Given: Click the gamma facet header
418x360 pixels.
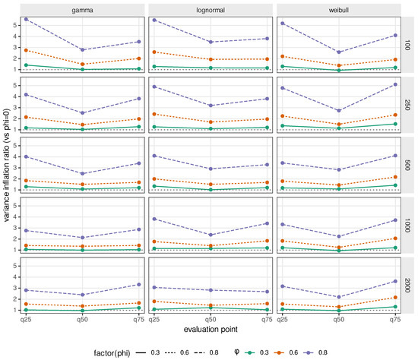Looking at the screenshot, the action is [82, 10].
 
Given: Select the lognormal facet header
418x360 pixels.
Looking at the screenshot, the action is [211, 10].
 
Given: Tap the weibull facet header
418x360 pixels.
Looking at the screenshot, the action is [338, 10].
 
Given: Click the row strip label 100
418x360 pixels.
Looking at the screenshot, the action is [407, 45].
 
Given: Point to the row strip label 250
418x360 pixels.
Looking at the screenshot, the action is [407, 105].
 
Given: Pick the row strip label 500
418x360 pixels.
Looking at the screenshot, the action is [407, 166].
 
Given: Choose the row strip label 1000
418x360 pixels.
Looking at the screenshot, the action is [407, 226].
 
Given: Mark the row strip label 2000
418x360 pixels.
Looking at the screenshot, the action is [407, 286].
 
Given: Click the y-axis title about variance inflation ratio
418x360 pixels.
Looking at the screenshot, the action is [6, 166].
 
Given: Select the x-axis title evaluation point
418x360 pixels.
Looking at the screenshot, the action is [211, 330].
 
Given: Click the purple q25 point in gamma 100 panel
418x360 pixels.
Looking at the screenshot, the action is [26, 19].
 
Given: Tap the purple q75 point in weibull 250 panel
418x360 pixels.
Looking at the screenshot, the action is [395, 84].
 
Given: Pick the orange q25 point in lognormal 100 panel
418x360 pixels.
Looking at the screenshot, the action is [154, 52].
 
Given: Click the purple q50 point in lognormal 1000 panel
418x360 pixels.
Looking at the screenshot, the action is [211, 235].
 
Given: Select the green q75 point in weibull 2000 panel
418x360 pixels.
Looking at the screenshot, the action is [395, 307].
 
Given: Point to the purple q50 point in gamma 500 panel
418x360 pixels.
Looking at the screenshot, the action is [82, 174].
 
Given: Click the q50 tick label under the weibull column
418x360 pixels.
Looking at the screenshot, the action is [338, 319].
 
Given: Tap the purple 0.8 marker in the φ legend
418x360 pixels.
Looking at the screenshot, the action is [309, 352].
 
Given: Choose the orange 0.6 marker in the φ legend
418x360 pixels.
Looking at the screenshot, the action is [280, 352].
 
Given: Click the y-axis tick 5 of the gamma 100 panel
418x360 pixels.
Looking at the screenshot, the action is [15, 25].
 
